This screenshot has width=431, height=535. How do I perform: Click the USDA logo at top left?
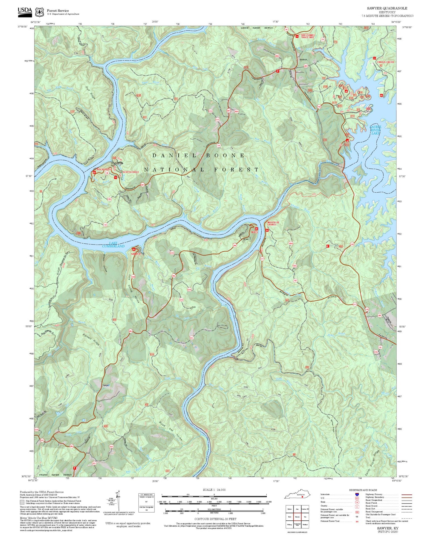tap(25, 11)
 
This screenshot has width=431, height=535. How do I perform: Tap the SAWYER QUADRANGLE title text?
tap(387, 8)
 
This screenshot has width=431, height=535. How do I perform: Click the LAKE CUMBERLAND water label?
tap(113, 245)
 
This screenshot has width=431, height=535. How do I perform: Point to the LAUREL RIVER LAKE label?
tap(375, 130)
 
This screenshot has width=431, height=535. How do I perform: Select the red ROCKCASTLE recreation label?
tap(104, 169)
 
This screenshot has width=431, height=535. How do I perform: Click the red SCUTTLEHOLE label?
tap(131, 172)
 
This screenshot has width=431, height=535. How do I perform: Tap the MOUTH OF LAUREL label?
tap(273, 223)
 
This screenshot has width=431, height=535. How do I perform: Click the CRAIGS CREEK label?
tap(385, 62)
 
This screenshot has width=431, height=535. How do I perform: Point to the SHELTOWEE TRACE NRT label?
tap(308, 36)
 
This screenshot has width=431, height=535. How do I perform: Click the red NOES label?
tap(254, 232)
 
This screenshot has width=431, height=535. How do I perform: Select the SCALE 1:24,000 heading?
tap(214, 490)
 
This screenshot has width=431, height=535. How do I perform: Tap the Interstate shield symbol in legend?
tap(357, 494)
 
